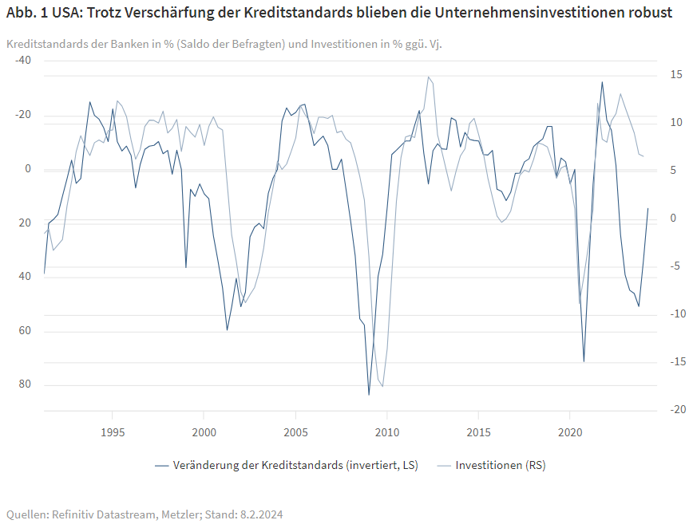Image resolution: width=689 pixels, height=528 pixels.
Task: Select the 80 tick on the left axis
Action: [25, 384]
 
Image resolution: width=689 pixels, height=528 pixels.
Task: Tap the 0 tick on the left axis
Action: [28, 168]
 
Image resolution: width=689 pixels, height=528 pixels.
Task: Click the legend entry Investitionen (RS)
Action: [500, 465]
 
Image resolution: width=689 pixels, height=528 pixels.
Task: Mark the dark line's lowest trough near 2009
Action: [369, 394]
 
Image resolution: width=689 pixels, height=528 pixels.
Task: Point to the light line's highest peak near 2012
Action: [428, 77]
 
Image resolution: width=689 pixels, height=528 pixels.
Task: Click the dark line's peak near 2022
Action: [602, 82]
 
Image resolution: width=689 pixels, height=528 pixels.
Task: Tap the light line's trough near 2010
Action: [382, 386]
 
